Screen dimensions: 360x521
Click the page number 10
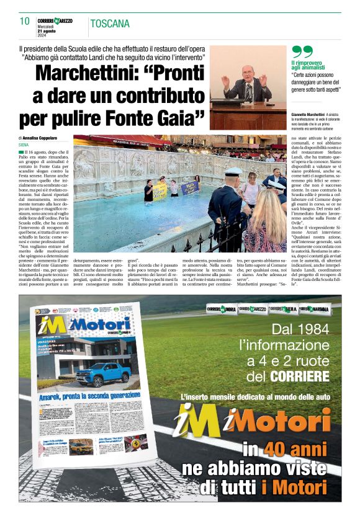point(25,21)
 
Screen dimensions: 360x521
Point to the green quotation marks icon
point(302,52)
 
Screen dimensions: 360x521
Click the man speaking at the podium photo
point(248,84)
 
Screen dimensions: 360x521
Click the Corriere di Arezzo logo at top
point(55,20)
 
